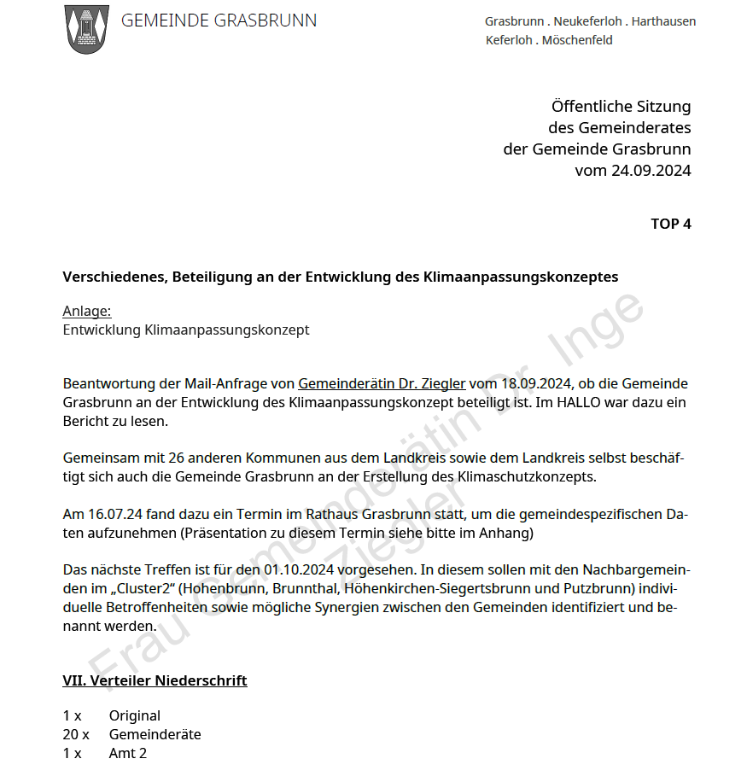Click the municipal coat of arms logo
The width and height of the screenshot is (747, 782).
(x=86, y=29)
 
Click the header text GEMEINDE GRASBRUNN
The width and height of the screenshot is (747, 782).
(x=219, y=21)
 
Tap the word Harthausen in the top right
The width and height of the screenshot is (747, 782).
(x=663, y=21)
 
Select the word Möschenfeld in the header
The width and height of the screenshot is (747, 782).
(x=577, y=40)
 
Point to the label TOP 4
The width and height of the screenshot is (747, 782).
(x=670, y=224)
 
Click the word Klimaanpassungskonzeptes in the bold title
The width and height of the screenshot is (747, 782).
(x=521, y=277)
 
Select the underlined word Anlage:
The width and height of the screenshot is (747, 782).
(x=87, y=312)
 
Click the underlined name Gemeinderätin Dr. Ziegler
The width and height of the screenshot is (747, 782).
(x=382, y=384)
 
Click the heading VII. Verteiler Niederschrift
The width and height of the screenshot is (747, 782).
(x=155, y=680)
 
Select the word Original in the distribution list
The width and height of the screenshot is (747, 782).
(x=134, y=715)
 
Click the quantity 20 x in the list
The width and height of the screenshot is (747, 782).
(x=75, y=734)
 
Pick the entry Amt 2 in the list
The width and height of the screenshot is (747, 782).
(x=127, y=753)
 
